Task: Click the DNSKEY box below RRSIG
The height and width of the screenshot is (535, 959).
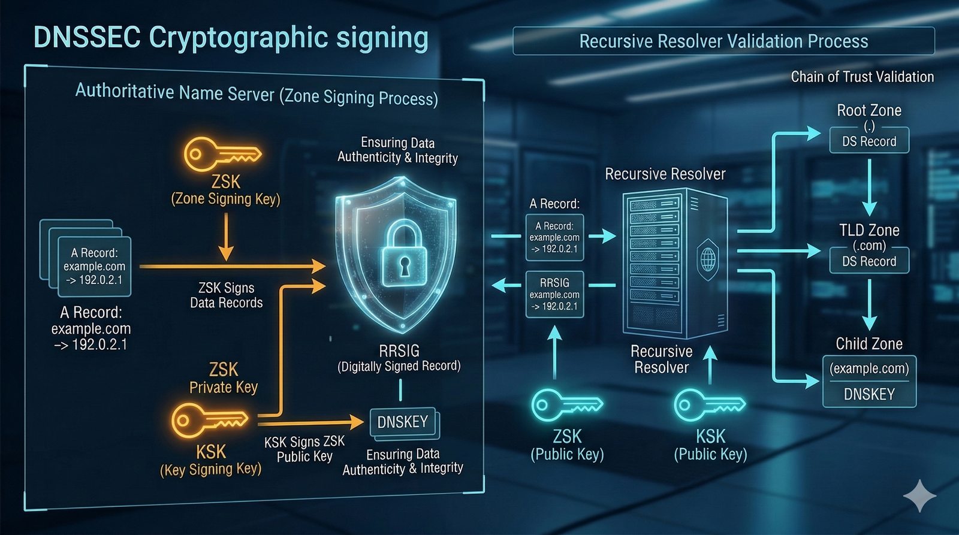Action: tap(403, 422)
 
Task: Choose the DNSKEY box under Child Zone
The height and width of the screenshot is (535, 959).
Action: tap(869, 394)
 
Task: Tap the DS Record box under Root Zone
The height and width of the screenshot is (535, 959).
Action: tap(869, 141)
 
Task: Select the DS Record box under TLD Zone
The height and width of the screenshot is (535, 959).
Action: tap(869, 261)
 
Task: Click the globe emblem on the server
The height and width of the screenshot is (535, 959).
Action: tap(708, 259)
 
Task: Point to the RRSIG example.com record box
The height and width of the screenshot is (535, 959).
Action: tap(554, 294)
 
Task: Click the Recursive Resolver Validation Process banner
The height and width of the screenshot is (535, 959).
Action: tap(723, 41)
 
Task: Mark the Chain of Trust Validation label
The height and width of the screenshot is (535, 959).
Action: tap(862, 77)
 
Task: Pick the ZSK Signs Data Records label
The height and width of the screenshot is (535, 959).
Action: tap(227, 295)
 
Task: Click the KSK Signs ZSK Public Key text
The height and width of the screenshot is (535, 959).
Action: tap(304, 449)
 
